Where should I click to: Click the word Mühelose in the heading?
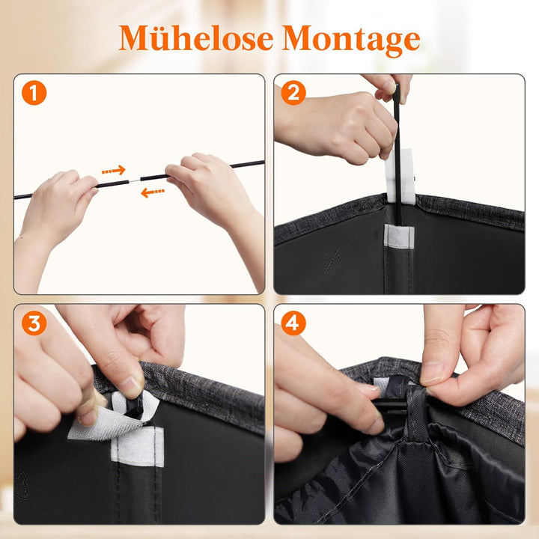tap(196, 38)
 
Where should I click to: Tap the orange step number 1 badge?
tap(34, 93)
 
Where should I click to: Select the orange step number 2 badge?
tap(293, 93)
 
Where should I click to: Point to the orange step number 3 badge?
tap(34, 323)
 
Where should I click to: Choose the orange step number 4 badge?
tap(293, 323)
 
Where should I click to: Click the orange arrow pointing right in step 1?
tap(114, 170)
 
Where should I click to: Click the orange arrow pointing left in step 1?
tap(153, 192)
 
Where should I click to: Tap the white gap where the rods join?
tap(135, 181)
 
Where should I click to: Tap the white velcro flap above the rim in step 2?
tap(400, 176)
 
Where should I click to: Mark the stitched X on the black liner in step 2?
tap(332, 261)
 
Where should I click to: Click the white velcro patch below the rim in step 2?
tap(399, 236)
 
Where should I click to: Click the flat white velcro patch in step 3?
tap(138, 446)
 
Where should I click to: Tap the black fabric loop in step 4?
tap(416, 412)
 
